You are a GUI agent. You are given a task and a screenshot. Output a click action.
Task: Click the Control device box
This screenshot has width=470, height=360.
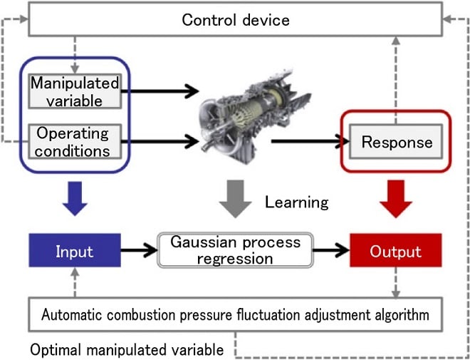(235, 19)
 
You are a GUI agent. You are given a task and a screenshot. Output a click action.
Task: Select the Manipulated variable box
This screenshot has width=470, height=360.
(74, 91)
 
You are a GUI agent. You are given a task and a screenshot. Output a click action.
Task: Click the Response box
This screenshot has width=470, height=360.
(397, 141)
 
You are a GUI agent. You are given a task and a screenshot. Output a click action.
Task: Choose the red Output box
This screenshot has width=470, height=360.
(396, 251)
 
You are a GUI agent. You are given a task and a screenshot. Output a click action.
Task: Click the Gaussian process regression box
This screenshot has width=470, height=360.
(235, 250)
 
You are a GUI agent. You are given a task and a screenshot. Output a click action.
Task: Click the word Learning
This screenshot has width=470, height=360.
(297, 202)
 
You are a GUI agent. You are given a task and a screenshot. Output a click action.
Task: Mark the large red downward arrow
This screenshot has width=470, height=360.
(396, 197)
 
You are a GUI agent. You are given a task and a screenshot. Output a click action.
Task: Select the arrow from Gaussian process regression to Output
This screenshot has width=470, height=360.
(330, 251)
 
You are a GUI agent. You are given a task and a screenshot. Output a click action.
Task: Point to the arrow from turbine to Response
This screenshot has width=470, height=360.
(306, 141)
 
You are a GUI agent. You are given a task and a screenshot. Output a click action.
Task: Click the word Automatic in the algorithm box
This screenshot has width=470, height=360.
(70, 314)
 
